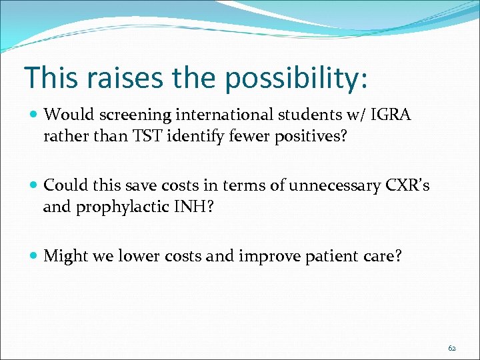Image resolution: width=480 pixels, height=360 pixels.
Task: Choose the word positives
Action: [310, 137]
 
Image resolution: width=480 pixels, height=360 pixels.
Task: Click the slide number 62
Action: [452, 348]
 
